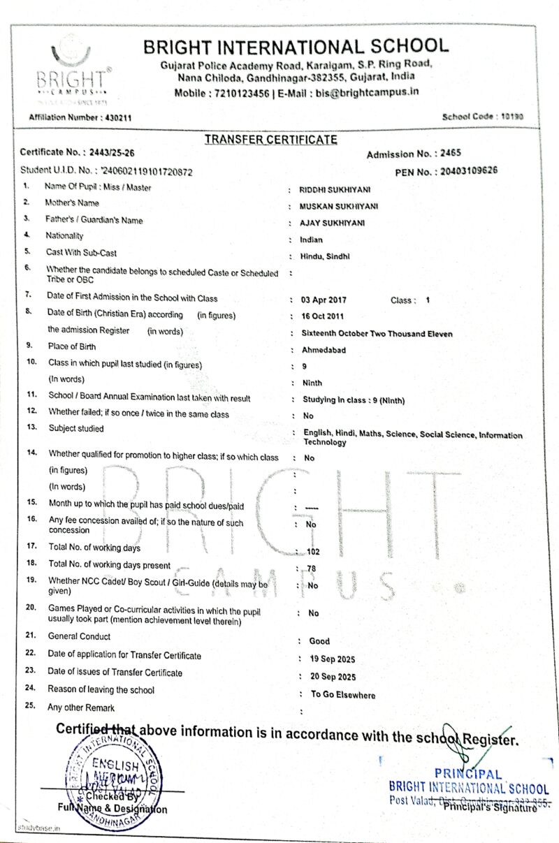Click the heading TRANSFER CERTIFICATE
click(x=270, y=140)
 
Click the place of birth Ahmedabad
click(x=324, y=350)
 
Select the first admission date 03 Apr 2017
click(x=324, y=300)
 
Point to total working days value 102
click(x=313, y=551)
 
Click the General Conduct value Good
click(x=319, y=640)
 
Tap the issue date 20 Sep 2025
click(x=333, y=677)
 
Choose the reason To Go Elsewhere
click(x=343, y=695)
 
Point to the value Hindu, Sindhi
click(x=324, y=256)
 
